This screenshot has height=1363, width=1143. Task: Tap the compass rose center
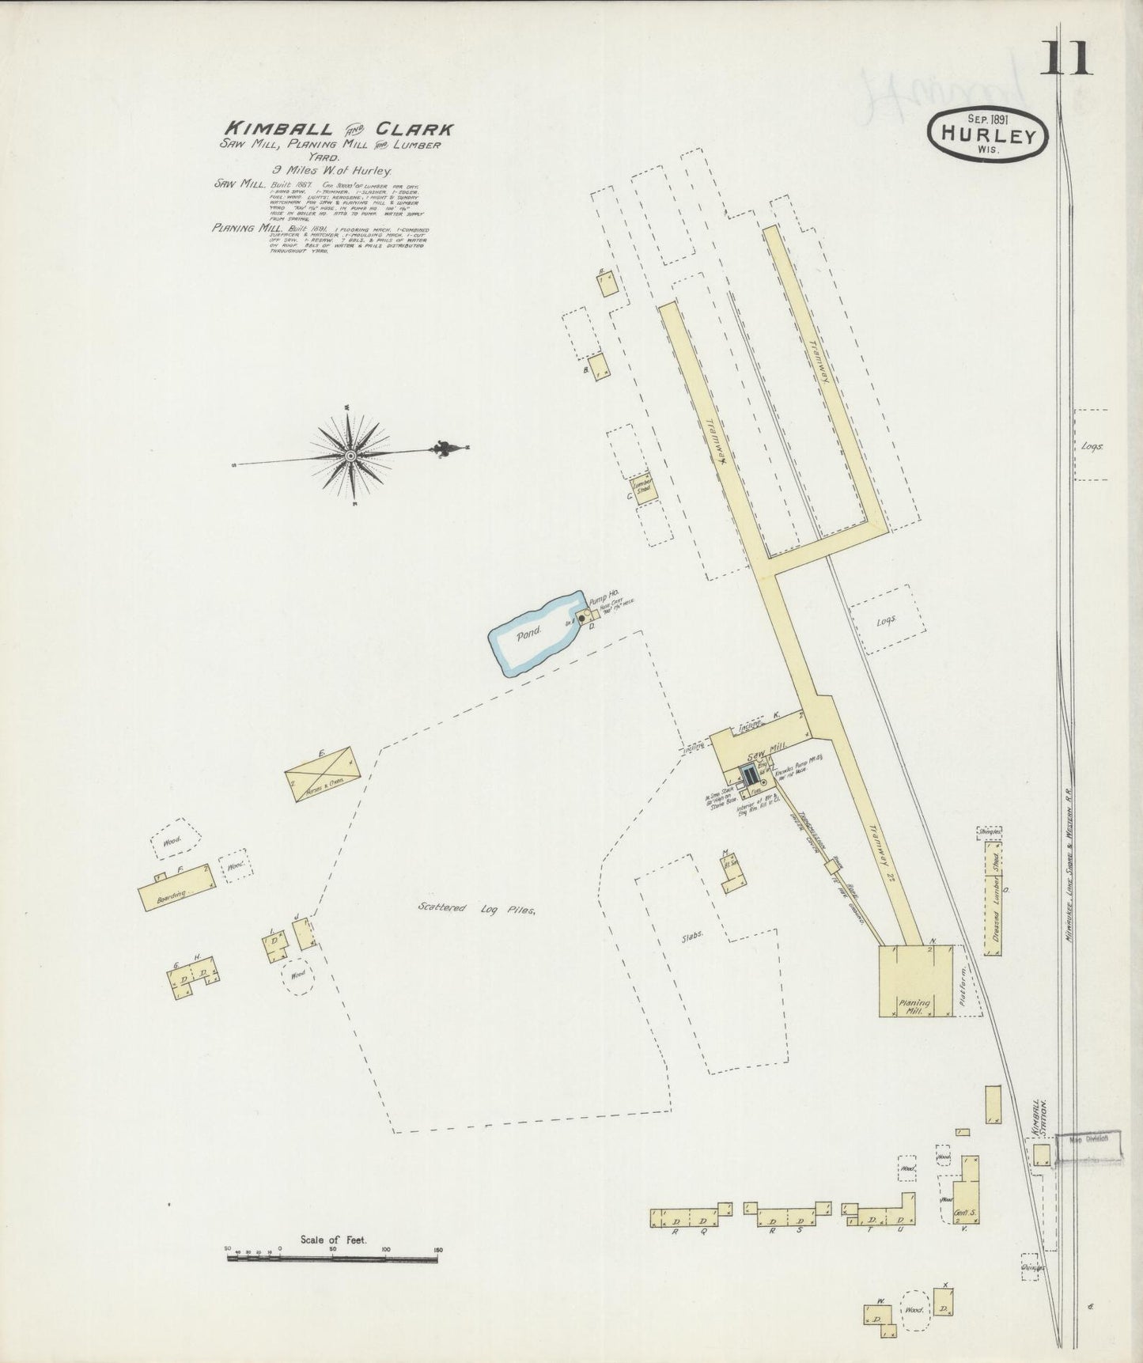(x=350, y=455)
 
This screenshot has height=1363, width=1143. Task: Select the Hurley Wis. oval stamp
(x=990, y=134)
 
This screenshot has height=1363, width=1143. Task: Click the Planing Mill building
(x=915, y=981)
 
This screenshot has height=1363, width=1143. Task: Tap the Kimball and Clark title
(x=340, y=127)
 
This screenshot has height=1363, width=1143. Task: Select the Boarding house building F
(x=176, y=892)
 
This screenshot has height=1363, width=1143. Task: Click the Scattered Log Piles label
(x=477, y=909)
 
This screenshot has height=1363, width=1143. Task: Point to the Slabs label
(x=694, y=933)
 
